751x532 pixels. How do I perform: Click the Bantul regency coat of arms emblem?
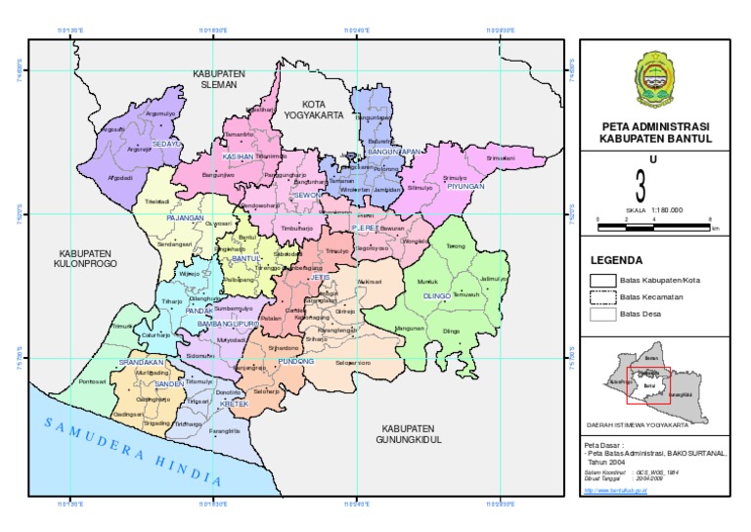654,80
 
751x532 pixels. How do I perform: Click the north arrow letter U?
641,158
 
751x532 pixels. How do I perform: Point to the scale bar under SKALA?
654,227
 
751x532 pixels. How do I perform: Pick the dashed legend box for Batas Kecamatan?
602,296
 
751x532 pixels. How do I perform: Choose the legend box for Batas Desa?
602,314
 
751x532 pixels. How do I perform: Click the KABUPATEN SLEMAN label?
218,79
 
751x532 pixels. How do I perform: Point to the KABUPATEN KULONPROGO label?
86,257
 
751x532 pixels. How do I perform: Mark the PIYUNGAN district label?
465,185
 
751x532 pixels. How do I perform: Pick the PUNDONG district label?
295,360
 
